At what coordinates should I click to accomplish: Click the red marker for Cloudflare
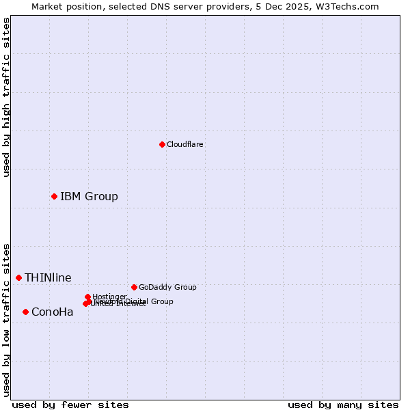162,144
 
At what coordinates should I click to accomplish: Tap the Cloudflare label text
185,144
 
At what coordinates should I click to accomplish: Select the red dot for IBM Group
54,196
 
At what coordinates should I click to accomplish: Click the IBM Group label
89,197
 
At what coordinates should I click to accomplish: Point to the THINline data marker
18,277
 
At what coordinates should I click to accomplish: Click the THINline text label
48,277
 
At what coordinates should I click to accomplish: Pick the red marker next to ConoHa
25,312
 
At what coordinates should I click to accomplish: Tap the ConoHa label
53,312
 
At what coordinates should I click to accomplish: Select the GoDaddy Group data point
134,287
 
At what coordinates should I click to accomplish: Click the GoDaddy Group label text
167,287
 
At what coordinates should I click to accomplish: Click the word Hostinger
109,297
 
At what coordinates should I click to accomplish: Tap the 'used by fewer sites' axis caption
70,405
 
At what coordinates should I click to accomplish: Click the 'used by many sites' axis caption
343,405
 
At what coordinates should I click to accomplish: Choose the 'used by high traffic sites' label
7,98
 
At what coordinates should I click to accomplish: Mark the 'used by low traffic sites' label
7,319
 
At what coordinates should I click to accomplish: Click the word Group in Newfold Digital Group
161,301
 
